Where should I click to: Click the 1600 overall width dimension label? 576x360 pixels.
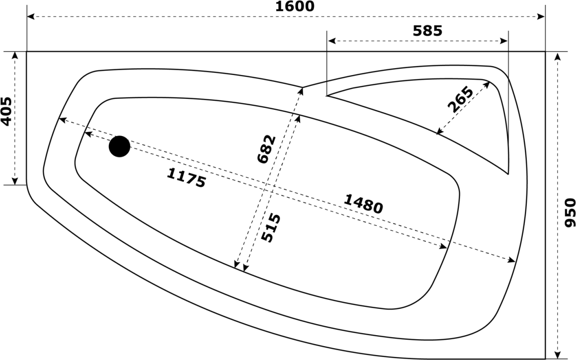coord(295,6)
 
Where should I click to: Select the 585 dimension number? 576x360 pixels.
coord(427,31)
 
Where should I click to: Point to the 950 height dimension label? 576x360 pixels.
coord(569,213)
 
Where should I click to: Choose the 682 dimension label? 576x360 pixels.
coord(266,149)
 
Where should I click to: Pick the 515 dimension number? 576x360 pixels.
coord(271,228)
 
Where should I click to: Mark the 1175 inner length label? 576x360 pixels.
coord(186,178)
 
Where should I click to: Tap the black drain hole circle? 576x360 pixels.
coord(119,146)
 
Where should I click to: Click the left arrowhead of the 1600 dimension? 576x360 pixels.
coord(31,16)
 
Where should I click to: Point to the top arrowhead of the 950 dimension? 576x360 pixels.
coord(558,57)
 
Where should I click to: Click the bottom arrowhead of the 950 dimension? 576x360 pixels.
coord(558,355)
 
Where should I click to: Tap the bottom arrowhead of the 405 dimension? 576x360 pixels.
coord(15,181)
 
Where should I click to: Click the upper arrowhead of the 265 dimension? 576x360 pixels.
coord(487,85)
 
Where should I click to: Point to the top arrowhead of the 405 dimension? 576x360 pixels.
coord(15,56)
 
